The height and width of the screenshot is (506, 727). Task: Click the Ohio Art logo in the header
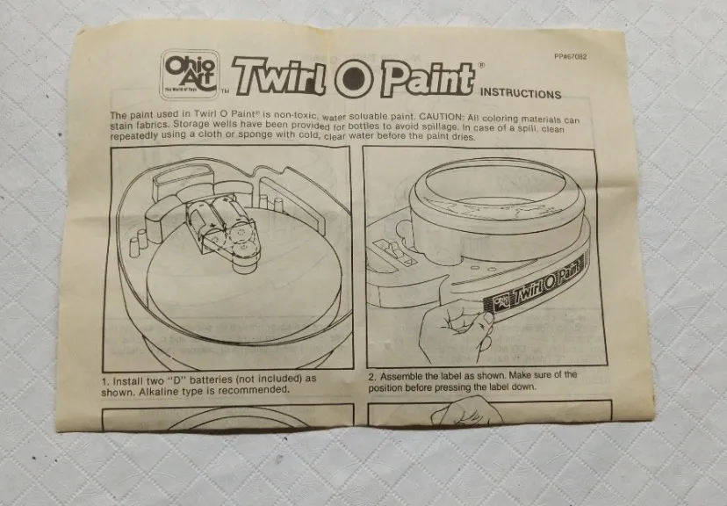click(x=189, y=75)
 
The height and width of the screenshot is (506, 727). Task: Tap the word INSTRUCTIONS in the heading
click(x=521, y=93)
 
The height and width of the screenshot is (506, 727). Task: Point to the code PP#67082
click(x=571, y=56)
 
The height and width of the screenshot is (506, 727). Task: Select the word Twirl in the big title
click(x=279, y=76)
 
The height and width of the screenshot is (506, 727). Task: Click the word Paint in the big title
click(x=427, y=79)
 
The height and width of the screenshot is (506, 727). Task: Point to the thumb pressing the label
click(x=486, y=319)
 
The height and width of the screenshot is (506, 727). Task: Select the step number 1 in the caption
click(x=105, y=382)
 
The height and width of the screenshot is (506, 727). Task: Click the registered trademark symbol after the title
click(x=481, y=65)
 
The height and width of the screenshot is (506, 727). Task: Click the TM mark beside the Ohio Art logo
click(x=226, y=91)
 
